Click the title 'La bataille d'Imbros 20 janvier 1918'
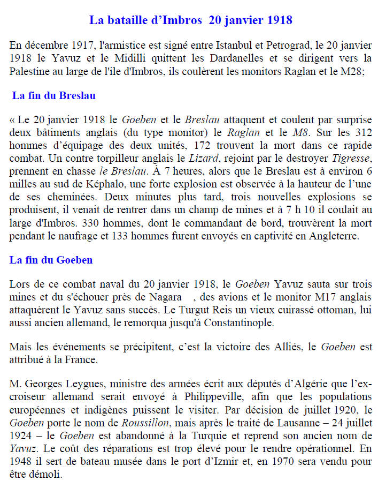click(x=190, y=21)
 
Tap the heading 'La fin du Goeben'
click(x=51, y=260)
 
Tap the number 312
click(x=362, y=132)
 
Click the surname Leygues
click(x=74, y=384)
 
